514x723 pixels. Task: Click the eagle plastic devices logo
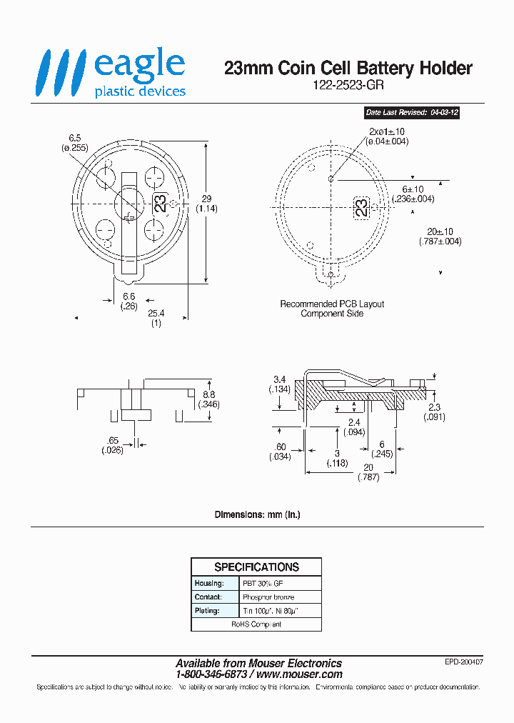[113, 72]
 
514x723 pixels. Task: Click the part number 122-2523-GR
[348, 84]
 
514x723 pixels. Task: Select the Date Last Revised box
[410, 113]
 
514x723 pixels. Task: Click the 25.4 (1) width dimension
[156, 318]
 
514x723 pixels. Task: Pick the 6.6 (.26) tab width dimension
[129, 301]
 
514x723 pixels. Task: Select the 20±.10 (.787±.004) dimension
[440, 236]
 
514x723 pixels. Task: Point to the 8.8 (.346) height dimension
[208, 399]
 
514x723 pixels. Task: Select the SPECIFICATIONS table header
[256, 567]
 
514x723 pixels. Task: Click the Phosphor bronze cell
[268, 597]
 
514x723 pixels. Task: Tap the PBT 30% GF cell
[263, 583]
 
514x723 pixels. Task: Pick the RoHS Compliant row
[256, 624]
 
